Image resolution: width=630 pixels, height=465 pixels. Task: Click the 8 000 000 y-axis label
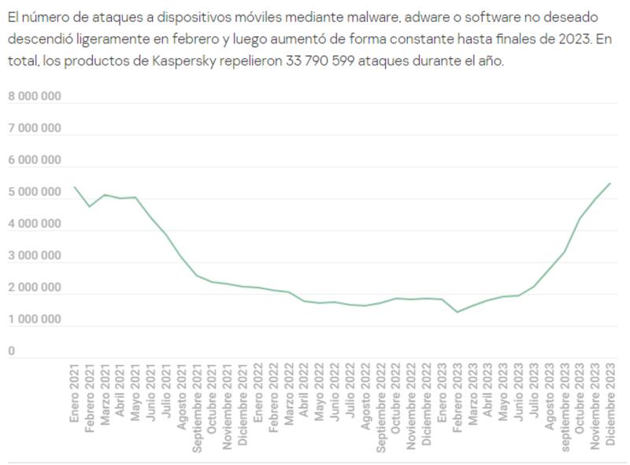(x=35, y=96)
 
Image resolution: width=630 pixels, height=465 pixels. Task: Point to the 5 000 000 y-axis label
(x=35, y=192)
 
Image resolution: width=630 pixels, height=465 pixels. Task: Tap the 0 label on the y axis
(x=12, y=352)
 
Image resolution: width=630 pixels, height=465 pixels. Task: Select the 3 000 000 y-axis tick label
(x=35, y=256)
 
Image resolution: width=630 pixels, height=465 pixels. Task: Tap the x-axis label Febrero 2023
(x=457, y=401)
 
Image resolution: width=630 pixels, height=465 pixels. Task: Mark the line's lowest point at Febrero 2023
(x=457, y=312)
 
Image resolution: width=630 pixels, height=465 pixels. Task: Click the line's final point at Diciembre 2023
(x=610, y=183)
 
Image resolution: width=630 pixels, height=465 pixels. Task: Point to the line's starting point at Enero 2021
(x=75, y=187)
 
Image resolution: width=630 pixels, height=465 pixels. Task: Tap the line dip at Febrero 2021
(x=90, y=206)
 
